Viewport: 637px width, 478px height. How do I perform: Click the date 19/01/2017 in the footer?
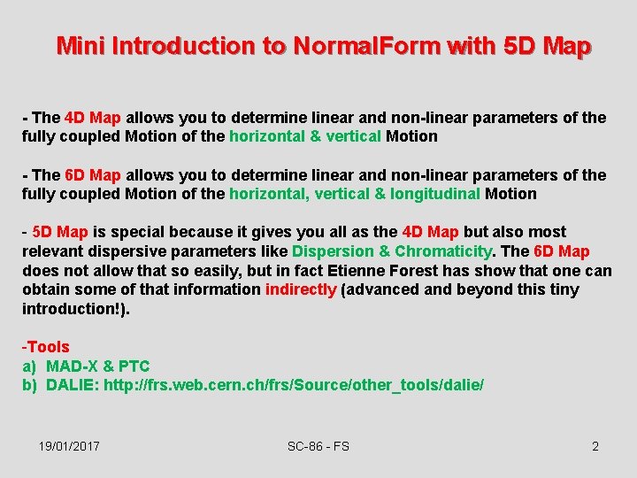[x=69, y=446]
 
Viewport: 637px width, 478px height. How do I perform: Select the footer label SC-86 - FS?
[x=318, y=446]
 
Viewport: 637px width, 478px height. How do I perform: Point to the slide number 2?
[x=595, y=446]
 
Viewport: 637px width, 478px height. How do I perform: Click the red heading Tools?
[x=48, y=347]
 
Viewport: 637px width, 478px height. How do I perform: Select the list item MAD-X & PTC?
[x=97, y=366]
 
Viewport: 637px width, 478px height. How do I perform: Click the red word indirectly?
[x=301, y=289]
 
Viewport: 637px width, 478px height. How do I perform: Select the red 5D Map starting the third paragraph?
[x=60, y=233]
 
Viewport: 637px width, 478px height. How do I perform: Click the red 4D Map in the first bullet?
[x=94, y=118]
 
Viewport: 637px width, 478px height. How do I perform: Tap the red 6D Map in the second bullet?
[x=94, y=175]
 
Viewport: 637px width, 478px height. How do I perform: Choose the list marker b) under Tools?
[x=30, y=386]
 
